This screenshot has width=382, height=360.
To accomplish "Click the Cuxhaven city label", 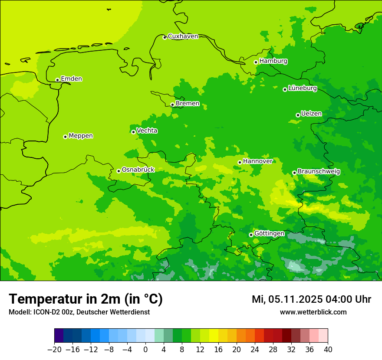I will pyautogui.click(x=183, y=36).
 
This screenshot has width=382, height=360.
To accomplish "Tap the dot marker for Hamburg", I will pyautogui.click(x=256, y=62).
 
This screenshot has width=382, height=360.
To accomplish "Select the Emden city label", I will pyautogui.click(x=71, y=79).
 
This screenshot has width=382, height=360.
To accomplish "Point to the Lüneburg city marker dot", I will pyautogui.click(x=285, y=89).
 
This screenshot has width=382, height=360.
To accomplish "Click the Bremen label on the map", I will pyautogui.click(x=188, y=104).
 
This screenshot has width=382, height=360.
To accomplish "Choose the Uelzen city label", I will pyautogui.click(x=311, y=114).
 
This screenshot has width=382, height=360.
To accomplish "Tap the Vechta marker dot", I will pyautogui.click(x=133, y=132).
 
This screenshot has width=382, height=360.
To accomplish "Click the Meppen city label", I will pyautogui.click(x=81, y=136).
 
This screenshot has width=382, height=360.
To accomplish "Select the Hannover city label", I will pyautogui.click(x=257, y=161).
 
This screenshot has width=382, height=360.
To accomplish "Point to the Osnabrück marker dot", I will pyautogui.click(x=119, y=171).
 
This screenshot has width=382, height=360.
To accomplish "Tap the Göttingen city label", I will pyautogui.click(x=269, y=234).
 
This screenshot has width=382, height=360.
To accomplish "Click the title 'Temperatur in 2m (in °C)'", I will pyautogui.click(x=86, y=299).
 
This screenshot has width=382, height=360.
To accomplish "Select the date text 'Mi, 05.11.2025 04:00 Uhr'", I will pyautogui.click(x=311, y=300).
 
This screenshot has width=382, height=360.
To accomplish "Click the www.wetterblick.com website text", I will pyautogui.click(x=313, y=312).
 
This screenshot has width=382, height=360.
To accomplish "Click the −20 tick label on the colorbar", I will pyautogui.click(x=54, y=350).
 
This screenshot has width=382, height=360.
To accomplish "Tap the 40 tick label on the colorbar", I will pyautogui.click(x=328, y=350).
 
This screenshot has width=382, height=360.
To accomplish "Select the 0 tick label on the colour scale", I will pyautogui.click(x=145, y=350).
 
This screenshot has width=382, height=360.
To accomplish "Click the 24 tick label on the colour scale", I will pyautogui.click(x=255, y=350).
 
